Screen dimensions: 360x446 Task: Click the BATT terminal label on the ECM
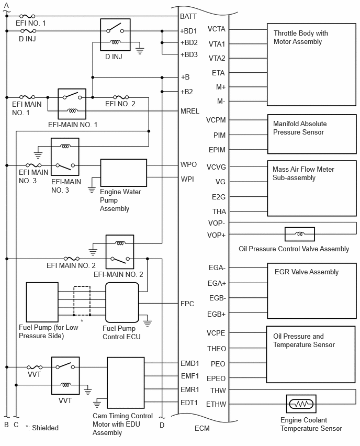[x=188, y=17]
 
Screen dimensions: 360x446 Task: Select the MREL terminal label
[x=189, y=111]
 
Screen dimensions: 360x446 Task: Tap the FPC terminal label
[x=187, y=304]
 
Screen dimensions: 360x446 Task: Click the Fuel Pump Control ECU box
[x=122, y=302]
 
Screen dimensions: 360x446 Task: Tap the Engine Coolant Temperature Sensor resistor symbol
[x=301, y=404]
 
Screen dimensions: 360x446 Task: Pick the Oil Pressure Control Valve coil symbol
[x=300, y=234]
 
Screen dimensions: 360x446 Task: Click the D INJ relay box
[x=115, y=35]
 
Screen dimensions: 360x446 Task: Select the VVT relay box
[x=65, y=375]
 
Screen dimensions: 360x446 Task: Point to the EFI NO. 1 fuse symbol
[x=28, y=16]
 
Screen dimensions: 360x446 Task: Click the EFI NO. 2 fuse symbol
[x=121, y=97]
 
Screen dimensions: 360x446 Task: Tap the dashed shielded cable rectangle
[x=82, y=300]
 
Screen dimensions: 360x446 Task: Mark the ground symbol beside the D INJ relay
[x=140, y=51]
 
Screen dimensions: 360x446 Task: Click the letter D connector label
[x=162, y=425]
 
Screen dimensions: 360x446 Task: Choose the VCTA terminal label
[x=217, y=29]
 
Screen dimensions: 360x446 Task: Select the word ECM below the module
[x=202, y=428]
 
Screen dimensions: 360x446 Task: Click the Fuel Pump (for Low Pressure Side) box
[x=42, y=302]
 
